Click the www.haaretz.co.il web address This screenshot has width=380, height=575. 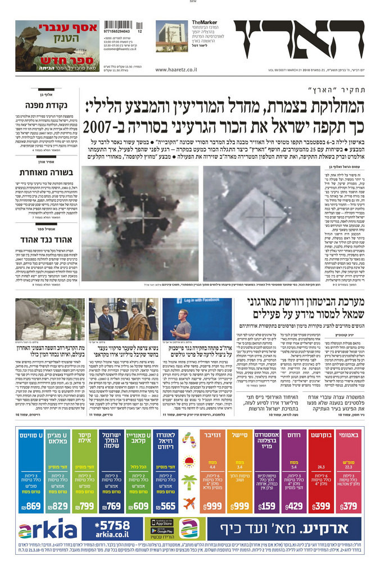176,70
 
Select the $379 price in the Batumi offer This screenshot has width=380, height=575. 349,506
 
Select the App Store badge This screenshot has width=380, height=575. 162,523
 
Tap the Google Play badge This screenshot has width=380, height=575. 162,531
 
